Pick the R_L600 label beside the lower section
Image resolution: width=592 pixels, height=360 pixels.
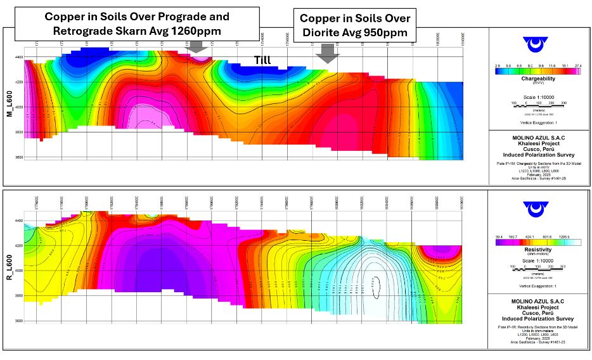pyautogui.click(x=10, y=268)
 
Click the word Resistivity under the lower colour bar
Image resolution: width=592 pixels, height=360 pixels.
pyautogui.click(x=539, y=250)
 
